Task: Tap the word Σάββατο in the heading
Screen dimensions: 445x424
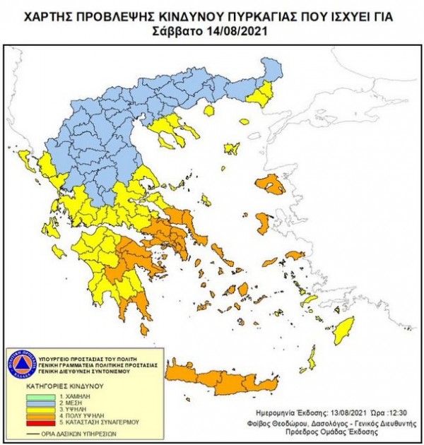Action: click(x=177, y=32)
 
